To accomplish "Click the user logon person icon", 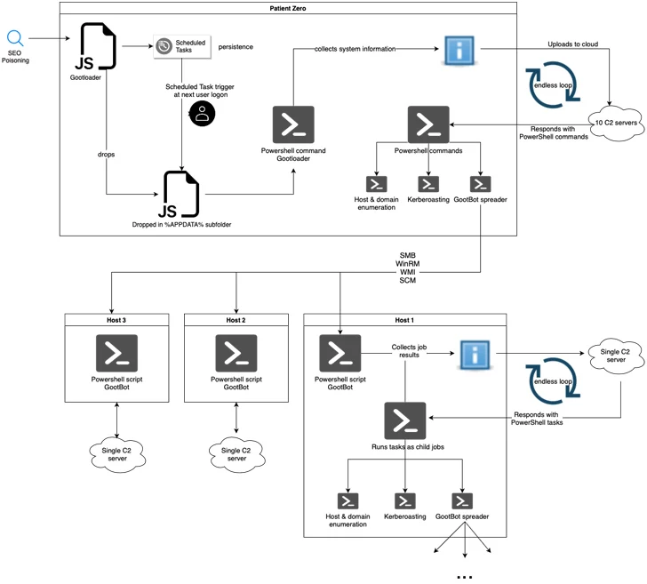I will point(203,113).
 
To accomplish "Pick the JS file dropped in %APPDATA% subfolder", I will point(183,194).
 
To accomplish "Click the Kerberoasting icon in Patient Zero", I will point(428,184).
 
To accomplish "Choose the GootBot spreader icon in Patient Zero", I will point(480,184).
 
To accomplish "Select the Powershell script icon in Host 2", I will point(236,353).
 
